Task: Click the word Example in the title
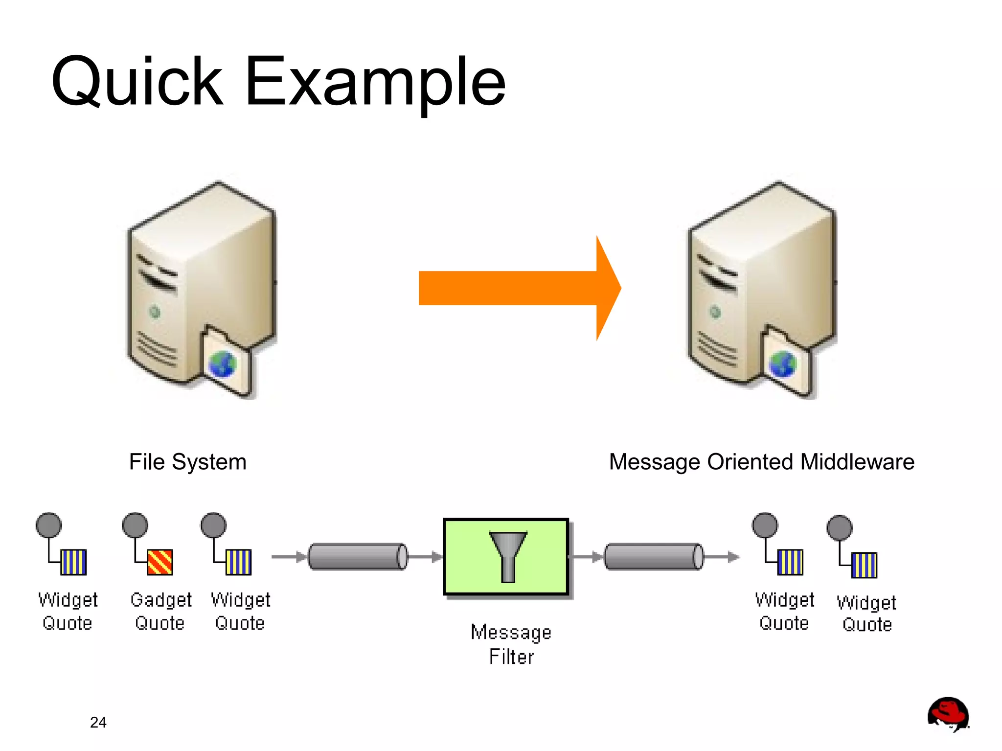pos(375,82)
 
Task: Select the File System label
pos(187,462)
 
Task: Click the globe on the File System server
pos(223,364)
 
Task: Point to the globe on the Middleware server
pos(783,364)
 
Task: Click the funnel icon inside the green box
pos(508,556)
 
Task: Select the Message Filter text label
pos(511,644)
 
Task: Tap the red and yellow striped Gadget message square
pos(160,562)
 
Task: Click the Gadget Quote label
pos(160,612)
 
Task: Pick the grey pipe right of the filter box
pos(654,557)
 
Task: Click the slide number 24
pos(98,722)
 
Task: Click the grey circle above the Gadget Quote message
pos(135,525)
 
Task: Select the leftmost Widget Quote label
pos(68,612)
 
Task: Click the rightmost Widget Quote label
pos(866,614)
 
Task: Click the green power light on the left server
pos(155,312)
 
